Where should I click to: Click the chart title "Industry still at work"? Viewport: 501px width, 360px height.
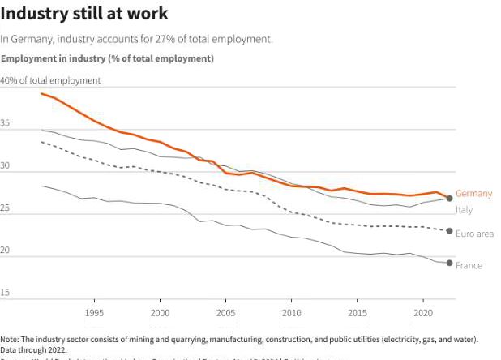(x=84, y=14)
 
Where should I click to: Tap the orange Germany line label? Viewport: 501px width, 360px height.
(x=473, y=194)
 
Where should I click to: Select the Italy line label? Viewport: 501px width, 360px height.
(x=464, y=210)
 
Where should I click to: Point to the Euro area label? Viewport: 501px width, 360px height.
(x=473, y=234)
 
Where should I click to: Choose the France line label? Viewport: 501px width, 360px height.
(x=469, y=265)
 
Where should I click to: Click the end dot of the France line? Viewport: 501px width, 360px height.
(x=449, y=263)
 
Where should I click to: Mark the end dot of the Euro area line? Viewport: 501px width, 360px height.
(x=449, y=231)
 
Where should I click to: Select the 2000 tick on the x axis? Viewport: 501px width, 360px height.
(x=160, y=312)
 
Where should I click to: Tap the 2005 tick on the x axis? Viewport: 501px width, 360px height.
(x=225, y=312)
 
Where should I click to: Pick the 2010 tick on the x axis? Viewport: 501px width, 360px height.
(x=291, y=312)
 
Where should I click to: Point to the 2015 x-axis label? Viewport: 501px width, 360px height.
(x=357, y=312)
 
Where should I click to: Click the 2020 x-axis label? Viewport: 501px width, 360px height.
(x=422, y=312)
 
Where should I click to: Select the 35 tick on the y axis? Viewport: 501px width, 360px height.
(x=6, y=123)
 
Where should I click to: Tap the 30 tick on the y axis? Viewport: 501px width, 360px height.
(x=6, y=166)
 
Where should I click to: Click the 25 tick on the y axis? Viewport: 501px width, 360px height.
(x=6, y=208)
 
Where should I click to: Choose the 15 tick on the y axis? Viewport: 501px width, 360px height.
(x=6, y=293)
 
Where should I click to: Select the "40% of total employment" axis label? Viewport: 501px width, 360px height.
(x=50, y=80)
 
